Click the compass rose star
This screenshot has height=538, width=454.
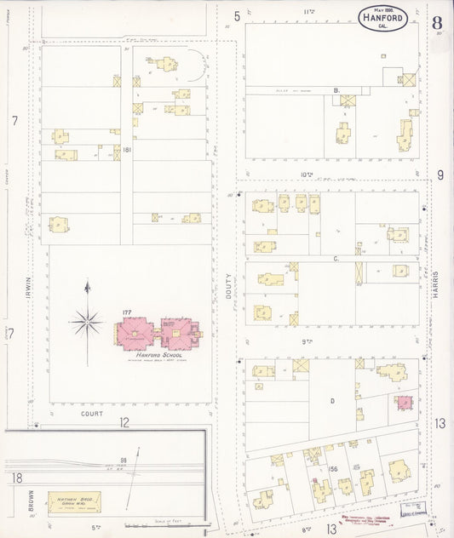click(88, 322)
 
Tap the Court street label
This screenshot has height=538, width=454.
click(90, 414)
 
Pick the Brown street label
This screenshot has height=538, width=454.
click(17, 504)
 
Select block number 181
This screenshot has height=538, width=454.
click(127, 150)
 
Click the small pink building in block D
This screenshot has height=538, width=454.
click(404, 402)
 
